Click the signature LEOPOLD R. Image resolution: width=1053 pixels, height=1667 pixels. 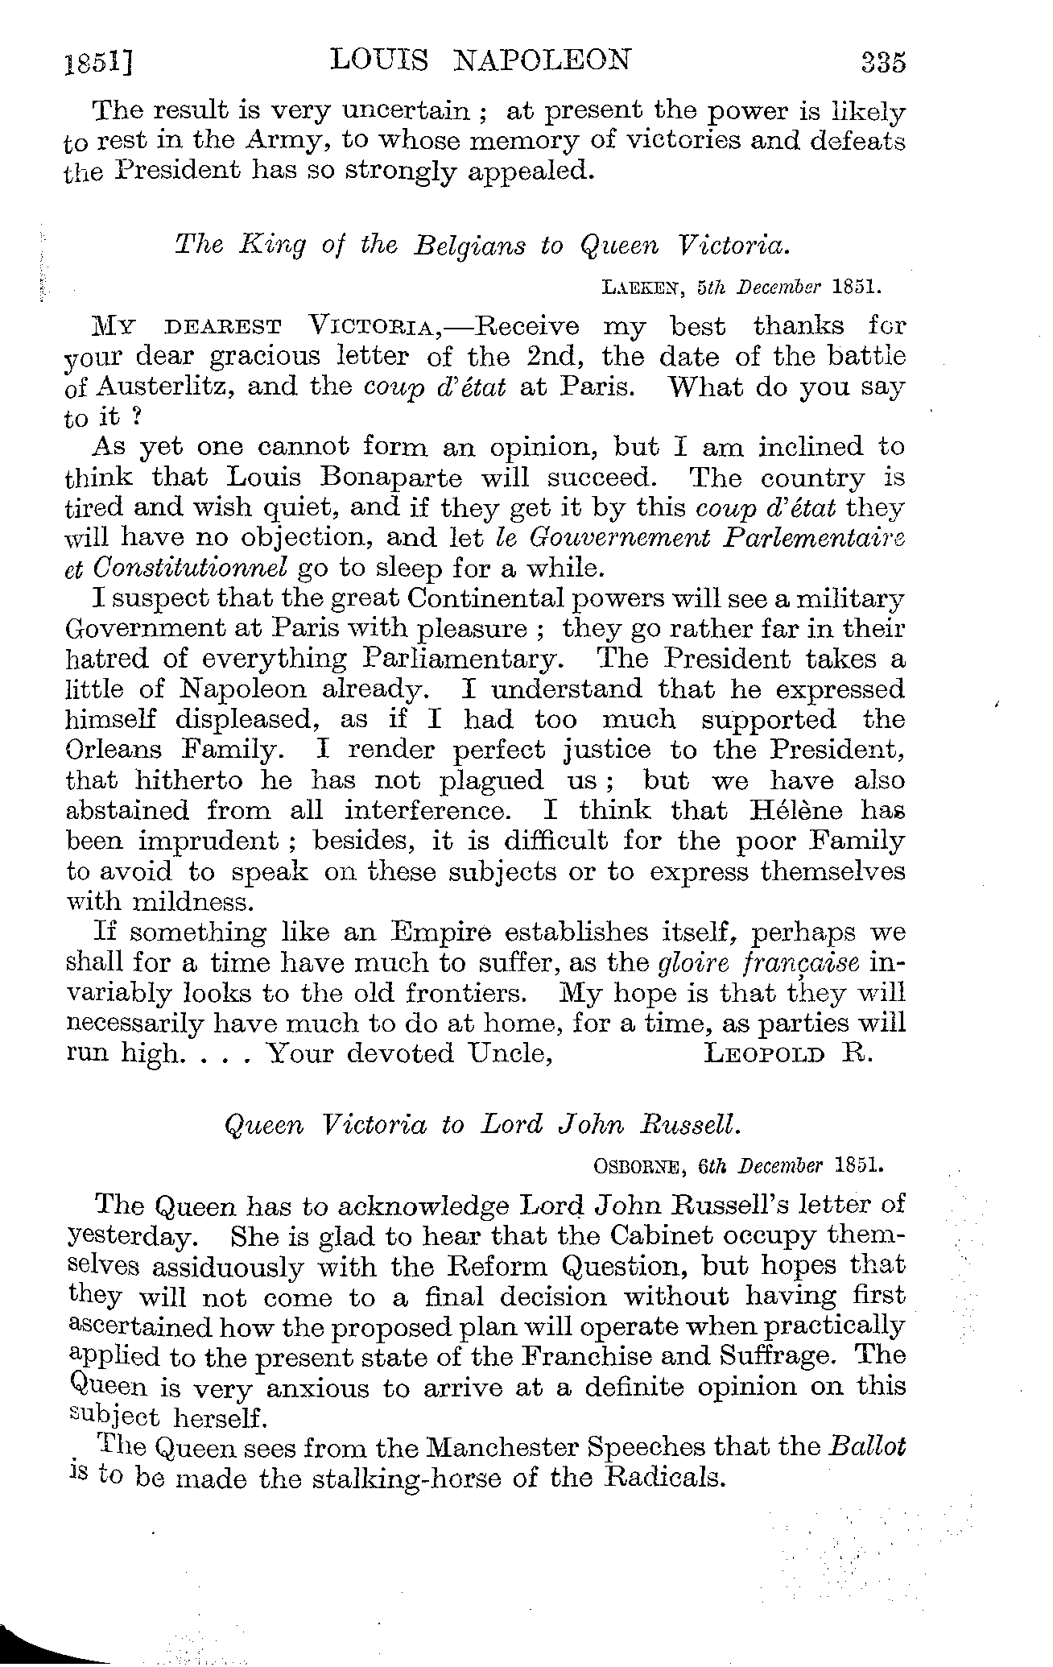[787, 1054]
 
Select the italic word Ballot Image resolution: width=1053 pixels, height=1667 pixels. [866, 1447]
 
